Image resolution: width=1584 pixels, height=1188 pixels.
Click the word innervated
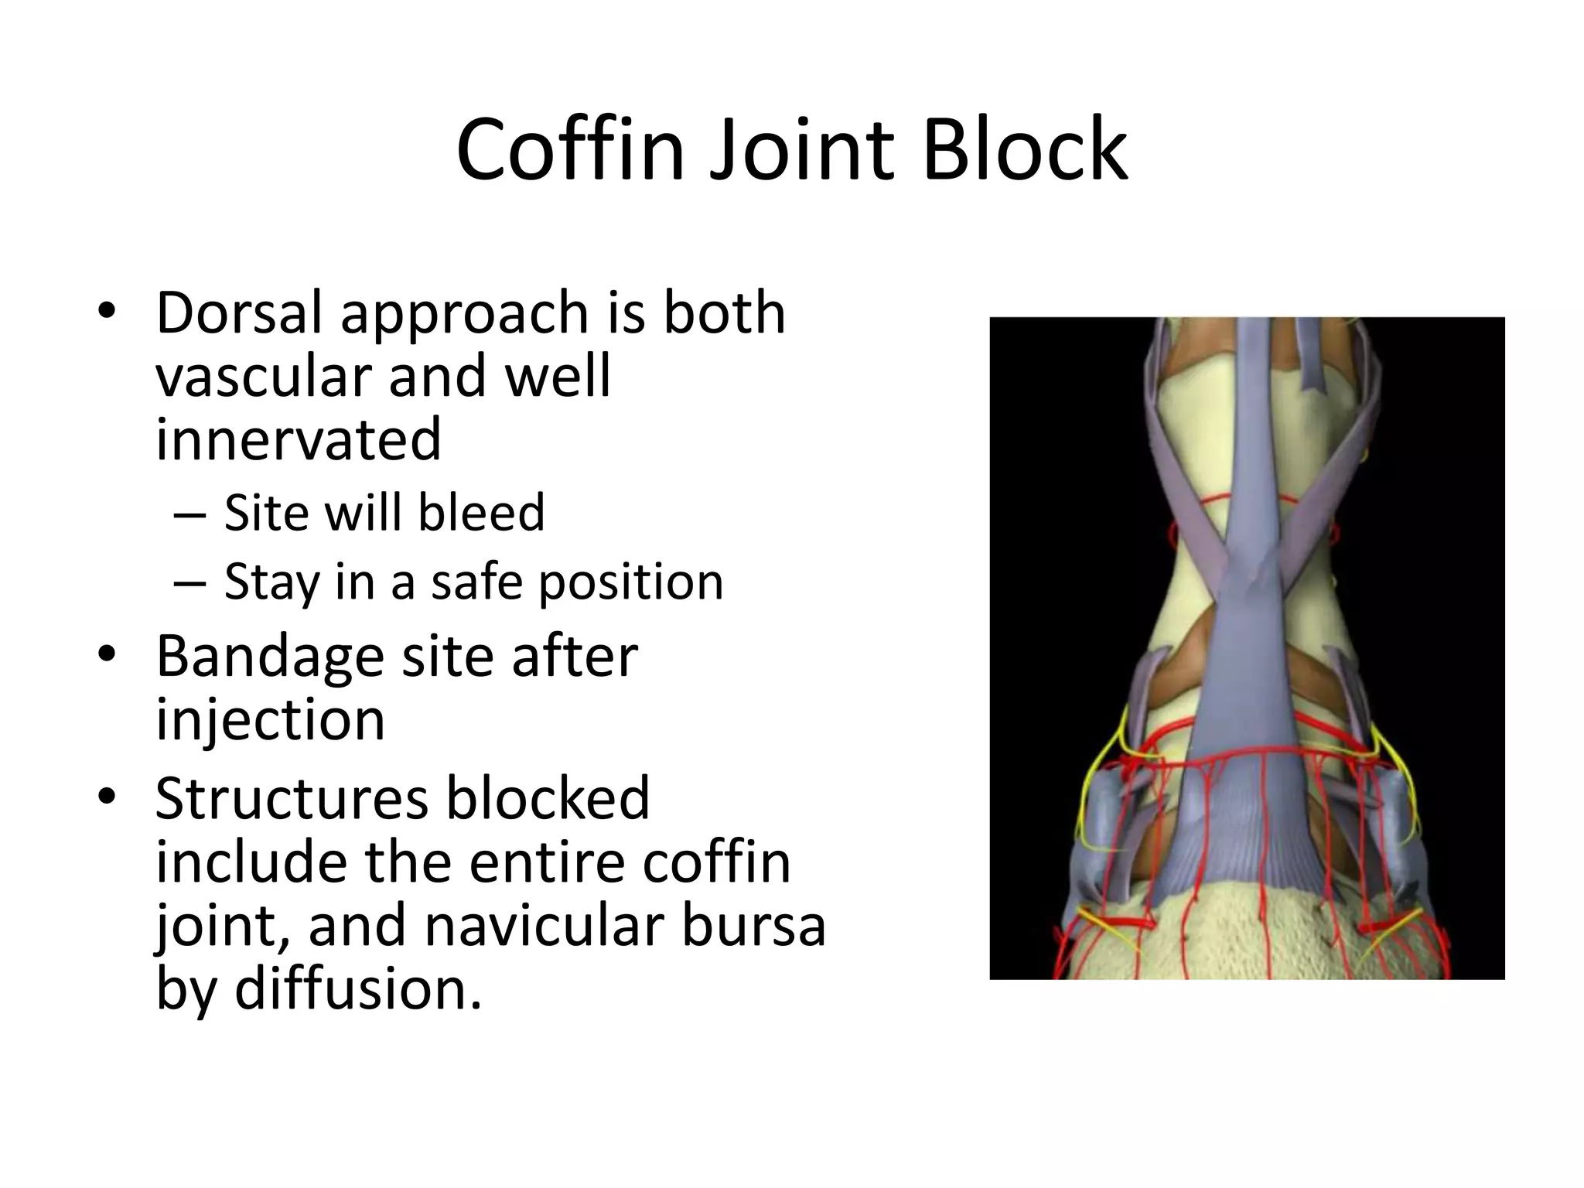tap(298, 439)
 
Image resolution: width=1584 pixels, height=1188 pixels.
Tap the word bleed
tap(481, 513)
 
